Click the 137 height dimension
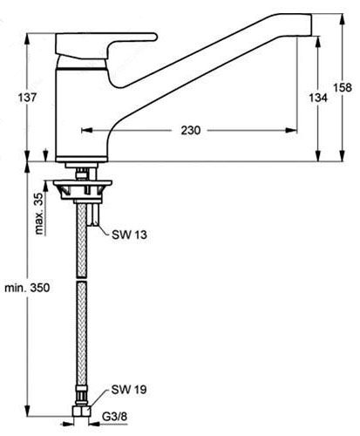coord(28,97)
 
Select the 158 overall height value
coord(343,87)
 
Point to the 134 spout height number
coord(318,98)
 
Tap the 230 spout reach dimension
coord(191,130)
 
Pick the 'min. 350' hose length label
coord(27,288)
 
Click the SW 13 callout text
coord(130,235)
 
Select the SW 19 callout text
coord(129,390)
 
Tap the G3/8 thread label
coord(114,417)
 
